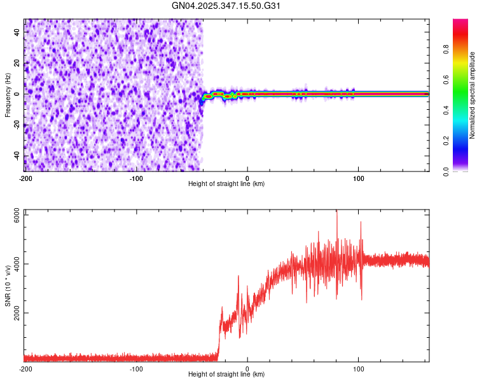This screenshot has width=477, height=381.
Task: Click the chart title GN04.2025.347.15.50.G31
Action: coord(226,6)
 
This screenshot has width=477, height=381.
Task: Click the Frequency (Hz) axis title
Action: coord(8,95)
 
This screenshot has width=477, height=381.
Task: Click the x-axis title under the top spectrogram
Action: coord(226,184)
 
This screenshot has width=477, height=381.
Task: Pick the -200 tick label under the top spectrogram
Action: coord(25,178)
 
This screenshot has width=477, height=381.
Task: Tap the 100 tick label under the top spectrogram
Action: coord(358,178)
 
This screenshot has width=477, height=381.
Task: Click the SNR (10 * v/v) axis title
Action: coord(8,286)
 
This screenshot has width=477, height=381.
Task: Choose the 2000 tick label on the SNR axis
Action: coord(13,313)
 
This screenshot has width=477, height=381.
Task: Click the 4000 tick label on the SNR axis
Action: coord(13,264)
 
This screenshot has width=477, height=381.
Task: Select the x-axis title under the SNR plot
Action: coord(226,375)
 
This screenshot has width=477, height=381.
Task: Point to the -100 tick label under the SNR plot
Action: coord(136,368)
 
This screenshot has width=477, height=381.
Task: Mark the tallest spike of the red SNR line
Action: coord(337,212)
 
